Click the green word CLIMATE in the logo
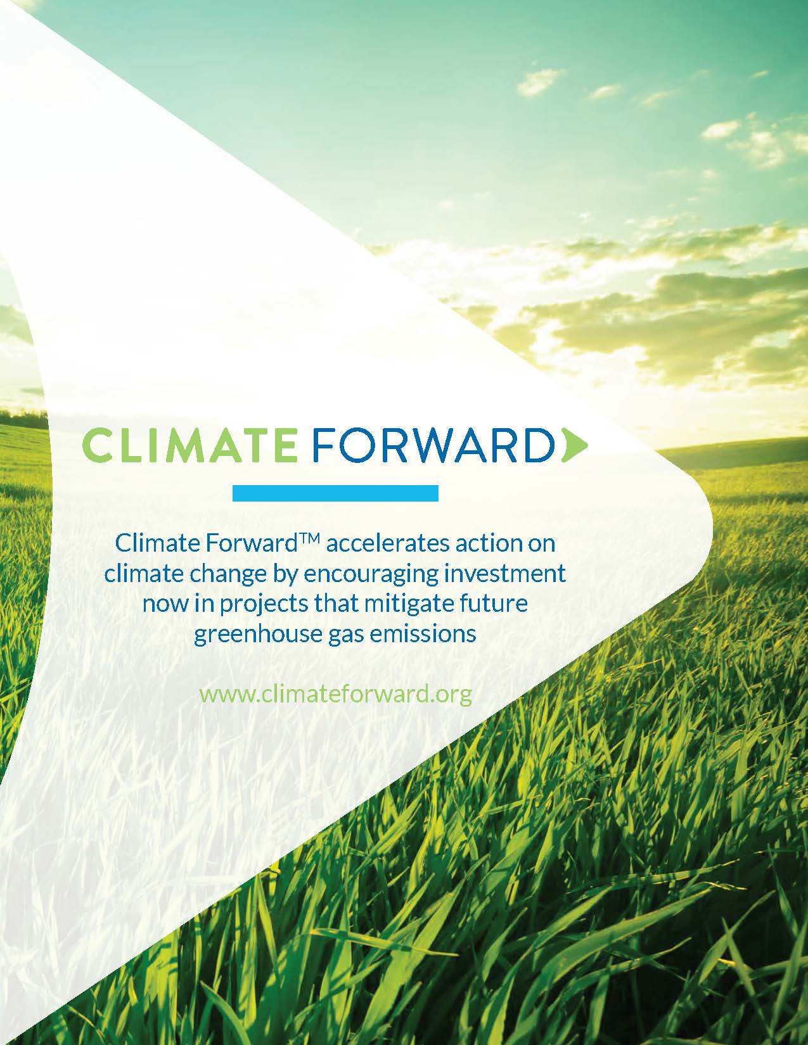(x=188, y=445)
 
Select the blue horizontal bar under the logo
(x=335, y=493)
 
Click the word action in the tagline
(x=487, y=544)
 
